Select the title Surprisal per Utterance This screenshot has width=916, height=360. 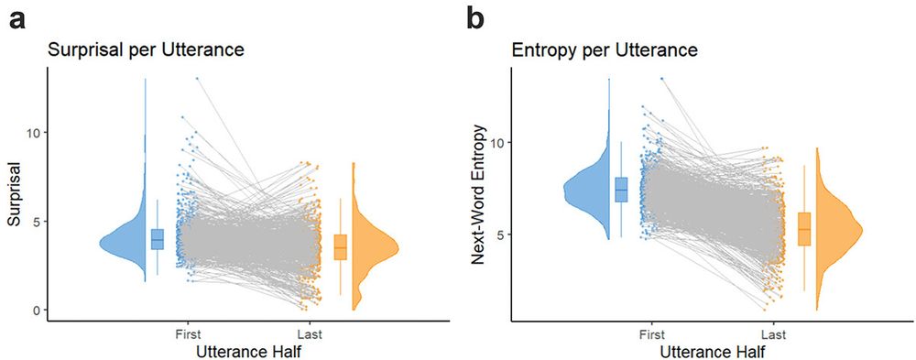pos(146,50)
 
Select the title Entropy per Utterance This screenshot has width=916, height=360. pos(604,50)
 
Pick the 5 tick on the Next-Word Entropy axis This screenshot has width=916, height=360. pos(499,235)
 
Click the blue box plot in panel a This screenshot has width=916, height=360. pos(157,238)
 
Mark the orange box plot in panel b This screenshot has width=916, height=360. pos(804,228)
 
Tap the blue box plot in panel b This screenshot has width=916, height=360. pos(621,189)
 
